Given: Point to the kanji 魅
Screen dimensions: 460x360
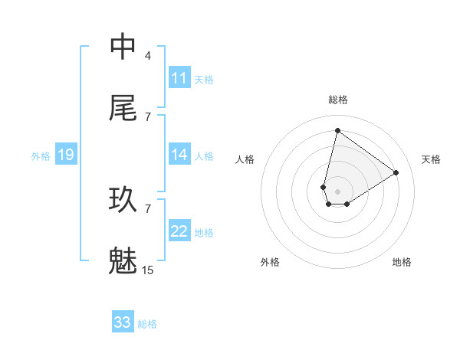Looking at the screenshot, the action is pos(123,260).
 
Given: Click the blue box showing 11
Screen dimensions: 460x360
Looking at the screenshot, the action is pos(179,78).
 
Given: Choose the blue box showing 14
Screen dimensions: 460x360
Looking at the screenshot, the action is pos(179,155).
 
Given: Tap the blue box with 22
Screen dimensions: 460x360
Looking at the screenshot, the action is pos(179,231).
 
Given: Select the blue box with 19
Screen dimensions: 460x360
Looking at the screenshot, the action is pos(65,155).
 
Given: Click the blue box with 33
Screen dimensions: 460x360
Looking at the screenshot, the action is pos(123,322).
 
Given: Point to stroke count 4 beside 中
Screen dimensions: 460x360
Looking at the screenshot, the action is pos(148,55).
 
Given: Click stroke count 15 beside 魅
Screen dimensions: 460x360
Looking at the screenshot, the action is pos(148,270).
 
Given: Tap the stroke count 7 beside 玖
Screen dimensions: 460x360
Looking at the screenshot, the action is pos(148,208).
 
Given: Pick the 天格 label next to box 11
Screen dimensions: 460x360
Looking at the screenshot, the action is pos(204,79).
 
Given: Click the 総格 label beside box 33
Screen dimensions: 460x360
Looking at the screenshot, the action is pos(147,323).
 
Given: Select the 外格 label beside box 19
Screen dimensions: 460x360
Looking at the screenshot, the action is pos(41,155).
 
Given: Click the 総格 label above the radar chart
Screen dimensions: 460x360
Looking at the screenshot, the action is pos(337,100).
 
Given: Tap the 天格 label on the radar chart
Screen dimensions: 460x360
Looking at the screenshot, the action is pos(432,159).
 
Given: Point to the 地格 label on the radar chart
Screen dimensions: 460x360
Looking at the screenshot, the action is pos(402,262).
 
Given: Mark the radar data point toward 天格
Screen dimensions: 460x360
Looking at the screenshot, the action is pos(396,172).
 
